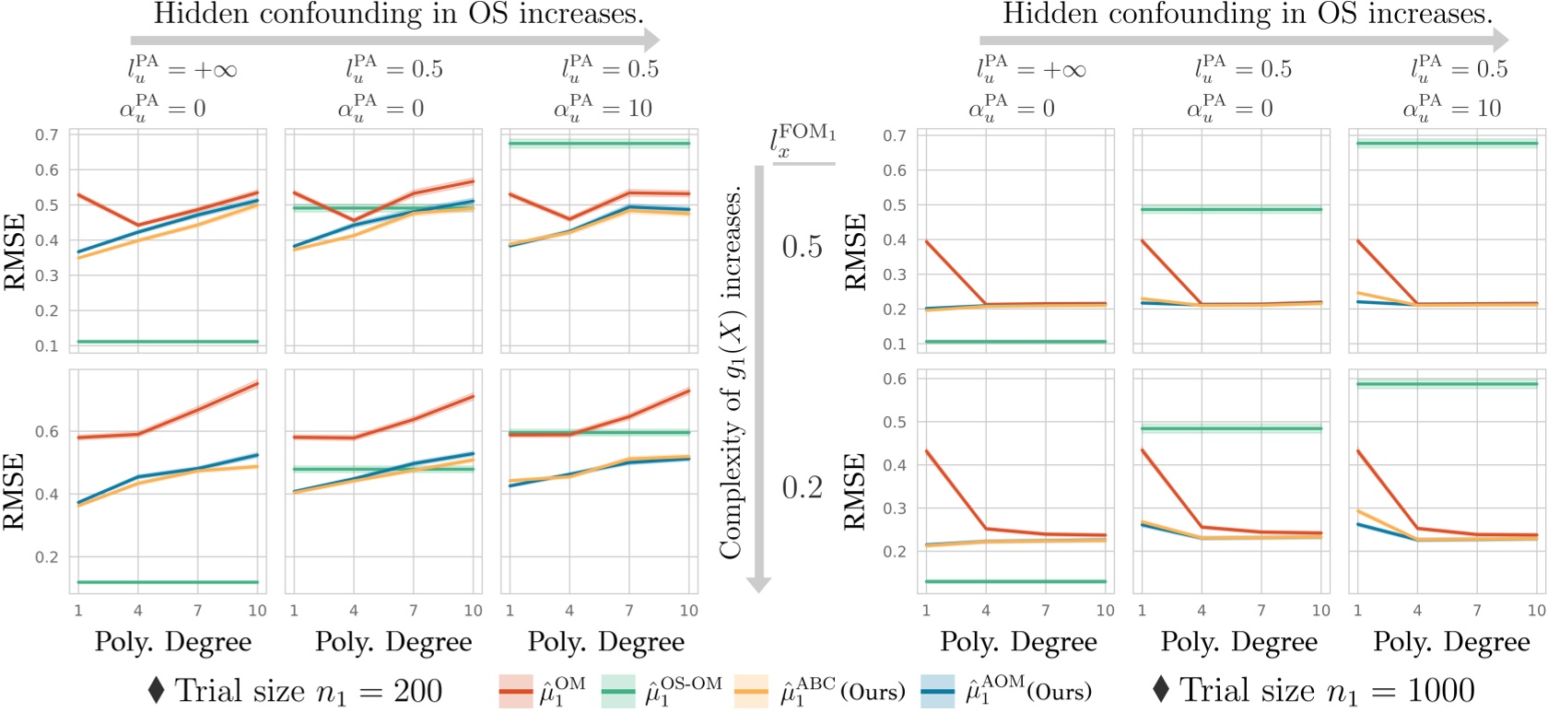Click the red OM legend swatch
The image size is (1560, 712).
(516, 691)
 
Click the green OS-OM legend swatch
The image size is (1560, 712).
(618, 691)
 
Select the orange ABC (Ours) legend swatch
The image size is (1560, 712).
(751, 691)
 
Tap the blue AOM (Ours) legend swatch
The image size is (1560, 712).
(938, 691)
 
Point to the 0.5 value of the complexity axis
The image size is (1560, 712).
(802, 247)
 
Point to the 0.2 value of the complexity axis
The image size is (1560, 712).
(802, 487)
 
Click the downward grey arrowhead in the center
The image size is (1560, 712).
(758, 584)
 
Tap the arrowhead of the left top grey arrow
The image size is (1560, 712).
(651, 40)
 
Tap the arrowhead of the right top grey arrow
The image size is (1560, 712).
(1499, 40)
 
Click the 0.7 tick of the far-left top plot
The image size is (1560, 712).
(46, 135)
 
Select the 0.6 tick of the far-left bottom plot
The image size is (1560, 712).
(46, 432)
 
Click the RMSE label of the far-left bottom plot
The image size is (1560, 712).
(15, 491)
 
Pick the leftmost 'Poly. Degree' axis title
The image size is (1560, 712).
(172, 642)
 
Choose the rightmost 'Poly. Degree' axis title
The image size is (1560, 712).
(1451, 642)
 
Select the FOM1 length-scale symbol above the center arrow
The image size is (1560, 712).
(802, 141)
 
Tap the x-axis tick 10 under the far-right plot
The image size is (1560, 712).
(1536, 611)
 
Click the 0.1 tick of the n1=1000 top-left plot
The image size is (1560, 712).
(895, 344)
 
